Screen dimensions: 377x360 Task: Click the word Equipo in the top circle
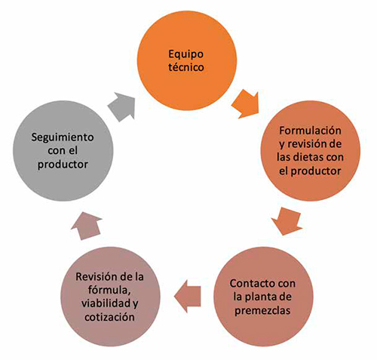click(185, 55)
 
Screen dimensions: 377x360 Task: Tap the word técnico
click(186, 67)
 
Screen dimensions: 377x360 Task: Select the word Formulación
click(310, 131)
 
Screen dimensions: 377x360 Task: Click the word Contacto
click(251, 284)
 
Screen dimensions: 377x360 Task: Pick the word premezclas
click(262, 311)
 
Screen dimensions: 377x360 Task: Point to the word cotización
click(109, 317)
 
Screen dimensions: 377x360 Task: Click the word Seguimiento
click(63, 137)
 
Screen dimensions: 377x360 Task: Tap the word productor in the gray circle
click(63, 165)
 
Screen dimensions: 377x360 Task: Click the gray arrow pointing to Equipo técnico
click(122, 106)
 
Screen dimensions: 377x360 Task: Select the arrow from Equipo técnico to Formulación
click(246, 103)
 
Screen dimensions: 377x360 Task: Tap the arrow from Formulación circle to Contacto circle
click(287, 221)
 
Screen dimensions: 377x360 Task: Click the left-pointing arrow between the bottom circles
click(188, 297)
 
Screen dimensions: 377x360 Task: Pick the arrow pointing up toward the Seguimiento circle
click(87, 226)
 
